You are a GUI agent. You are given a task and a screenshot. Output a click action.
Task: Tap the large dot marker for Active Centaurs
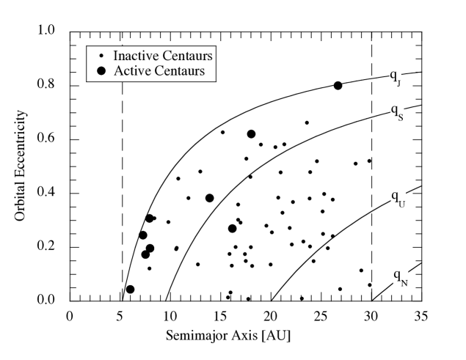click(x=101, y=71)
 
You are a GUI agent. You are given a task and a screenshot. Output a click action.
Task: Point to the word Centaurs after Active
click(x=178, y=71)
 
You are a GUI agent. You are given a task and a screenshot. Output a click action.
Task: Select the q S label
click(x=396, y=114)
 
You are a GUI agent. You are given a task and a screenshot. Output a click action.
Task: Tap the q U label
click(x=398, y=199)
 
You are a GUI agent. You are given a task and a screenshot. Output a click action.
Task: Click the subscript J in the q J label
click(x=398, y=83)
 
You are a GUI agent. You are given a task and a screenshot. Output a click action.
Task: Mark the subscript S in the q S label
click(x=400, y=117)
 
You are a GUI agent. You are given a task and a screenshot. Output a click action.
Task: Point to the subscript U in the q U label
click(x=402, y=203)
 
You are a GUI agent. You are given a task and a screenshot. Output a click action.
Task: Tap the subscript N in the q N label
click(x=404, y=282)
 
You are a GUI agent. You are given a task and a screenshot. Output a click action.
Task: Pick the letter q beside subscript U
click(x=395, y=197)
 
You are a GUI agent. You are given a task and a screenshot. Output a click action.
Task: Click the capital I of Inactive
click(x=115, y=56)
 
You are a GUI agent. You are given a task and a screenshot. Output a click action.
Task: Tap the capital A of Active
click(x=117, y=71)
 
